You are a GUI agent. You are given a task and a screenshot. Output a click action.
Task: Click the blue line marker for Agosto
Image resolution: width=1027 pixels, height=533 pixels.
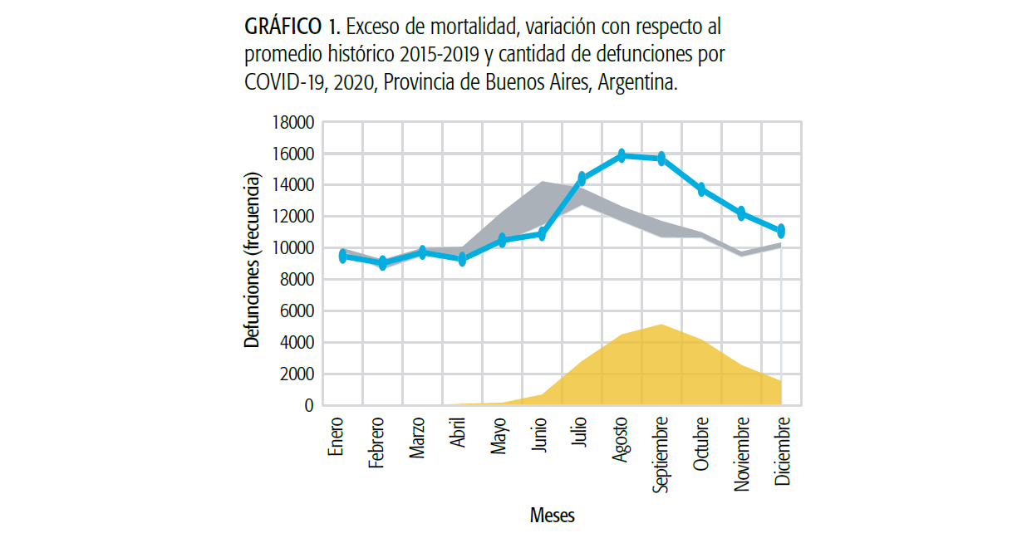pos(622,155)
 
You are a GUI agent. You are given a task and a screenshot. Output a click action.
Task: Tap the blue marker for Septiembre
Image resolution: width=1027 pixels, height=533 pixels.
pos(662,159)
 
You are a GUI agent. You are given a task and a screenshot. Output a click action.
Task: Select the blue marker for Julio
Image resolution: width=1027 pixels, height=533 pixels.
pos(582,178)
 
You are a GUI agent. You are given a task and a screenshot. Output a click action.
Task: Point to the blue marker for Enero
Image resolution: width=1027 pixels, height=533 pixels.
pos(342,257)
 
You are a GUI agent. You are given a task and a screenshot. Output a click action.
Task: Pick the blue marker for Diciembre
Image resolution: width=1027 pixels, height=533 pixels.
pos(780,231)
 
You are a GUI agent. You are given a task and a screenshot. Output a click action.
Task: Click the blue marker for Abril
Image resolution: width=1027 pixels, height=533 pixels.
pos(462,259)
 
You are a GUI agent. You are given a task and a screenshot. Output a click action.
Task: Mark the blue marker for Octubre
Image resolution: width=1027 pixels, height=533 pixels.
pos(701,189)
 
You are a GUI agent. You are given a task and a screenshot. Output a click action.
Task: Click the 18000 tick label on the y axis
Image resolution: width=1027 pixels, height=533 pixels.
pos(292,123)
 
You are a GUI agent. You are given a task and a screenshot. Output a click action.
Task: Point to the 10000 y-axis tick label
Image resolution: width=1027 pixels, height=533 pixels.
pos(292,248)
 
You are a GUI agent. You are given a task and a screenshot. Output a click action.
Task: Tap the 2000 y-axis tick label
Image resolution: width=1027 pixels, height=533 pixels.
pos(296,374)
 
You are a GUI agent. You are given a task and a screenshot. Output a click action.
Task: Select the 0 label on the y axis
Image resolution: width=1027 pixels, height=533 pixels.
pos(308,406)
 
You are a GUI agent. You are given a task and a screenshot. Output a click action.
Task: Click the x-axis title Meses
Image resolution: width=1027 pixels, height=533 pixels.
pos(553,516)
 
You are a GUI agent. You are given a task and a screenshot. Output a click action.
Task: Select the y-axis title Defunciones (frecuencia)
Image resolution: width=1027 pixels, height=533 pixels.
pos(253,259)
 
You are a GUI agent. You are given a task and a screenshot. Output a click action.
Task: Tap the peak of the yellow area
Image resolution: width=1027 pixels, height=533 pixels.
pos(660,325)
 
